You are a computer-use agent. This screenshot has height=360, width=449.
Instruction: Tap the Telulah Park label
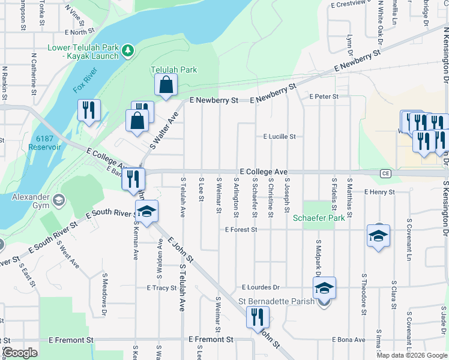(x=173, y=70)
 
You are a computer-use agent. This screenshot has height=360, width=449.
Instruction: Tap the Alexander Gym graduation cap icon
(x=58, y=199)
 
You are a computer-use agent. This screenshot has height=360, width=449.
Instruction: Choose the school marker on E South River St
(x=146, y=212)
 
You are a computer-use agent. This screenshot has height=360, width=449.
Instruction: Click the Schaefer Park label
(x=319, y=218)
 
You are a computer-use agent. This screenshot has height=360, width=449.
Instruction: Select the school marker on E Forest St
(x=378, y=236)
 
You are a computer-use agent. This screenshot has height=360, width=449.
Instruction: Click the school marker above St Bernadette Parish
(x=324, y=289)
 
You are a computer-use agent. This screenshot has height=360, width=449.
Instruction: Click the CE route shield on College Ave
(x=385, y=173)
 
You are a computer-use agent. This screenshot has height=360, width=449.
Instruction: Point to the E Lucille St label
(x=279, y=136)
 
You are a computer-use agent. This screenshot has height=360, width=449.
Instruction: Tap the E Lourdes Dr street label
(x=261, y=287)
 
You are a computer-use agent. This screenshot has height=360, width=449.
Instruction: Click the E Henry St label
(x=379, y=192)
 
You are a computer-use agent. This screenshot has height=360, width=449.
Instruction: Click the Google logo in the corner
(x=20, y=353)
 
